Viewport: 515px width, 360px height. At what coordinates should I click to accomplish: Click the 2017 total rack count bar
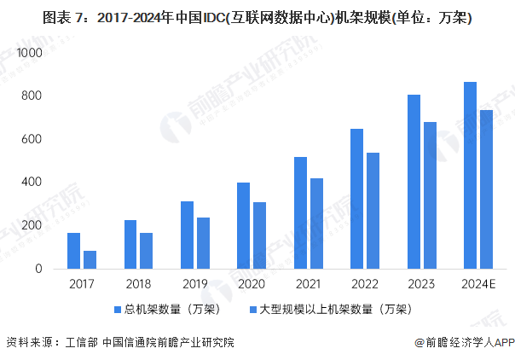(73, 251)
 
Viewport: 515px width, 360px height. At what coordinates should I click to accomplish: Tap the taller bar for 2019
(187, 235)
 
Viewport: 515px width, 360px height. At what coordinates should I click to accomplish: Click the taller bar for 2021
(300, 213)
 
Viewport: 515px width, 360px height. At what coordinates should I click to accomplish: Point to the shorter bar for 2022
(373, 211)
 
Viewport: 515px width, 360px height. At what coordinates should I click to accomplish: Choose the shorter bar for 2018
(146, 251)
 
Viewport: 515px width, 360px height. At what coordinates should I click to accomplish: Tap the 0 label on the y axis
(38, 269)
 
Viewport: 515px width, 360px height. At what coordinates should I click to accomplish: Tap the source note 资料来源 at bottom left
(119, 343)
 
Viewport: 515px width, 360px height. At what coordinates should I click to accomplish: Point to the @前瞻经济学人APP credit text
(465, 343)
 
